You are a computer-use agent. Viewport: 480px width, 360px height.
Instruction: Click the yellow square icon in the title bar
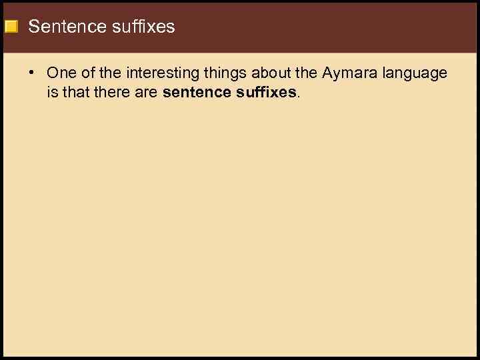click(11, 27)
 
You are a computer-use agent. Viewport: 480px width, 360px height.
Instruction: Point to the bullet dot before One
click(33, 73)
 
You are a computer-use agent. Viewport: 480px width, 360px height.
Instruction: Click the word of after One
click(88, 73)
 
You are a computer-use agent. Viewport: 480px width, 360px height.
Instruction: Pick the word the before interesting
click(111, 73)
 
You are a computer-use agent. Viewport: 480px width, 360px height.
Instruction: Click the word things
click(223, 73)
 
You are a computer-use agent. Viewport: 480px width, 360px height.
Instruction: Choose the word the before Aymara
click(305, 73)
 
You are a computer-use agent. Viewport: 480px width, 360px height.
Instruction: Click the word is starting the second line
click(52, 92)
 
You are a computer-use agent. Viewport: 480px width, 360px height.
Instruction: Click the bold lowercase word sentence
click(196, 92)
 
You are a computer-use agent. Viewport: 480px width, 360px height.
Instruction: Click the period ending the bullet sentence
click(298, 95)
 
